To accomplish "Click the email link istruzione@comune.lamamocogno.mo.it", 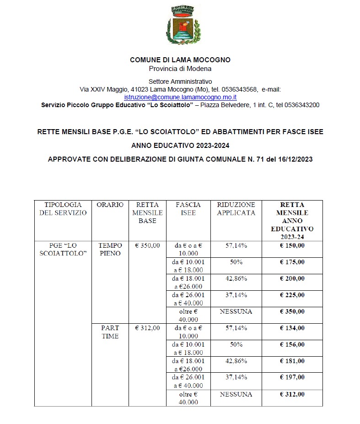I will tap(180, 97).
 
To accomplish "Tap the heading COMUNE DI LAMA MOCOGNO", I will tap(180, 60).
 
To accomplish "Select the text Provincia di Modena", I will tap(180, 69).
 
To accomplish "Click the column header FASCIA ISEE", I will tap(188, 209).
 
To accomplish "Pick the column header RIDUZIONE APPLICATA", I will tap(236, 209).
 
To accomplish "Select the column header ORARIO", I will tap(110, 205).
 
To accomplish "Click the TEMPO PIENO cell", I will tap(110, 249).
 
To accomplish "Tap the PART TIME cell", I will tap(110, 332).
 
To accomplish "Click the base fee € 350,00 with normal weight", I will tap(147, 245).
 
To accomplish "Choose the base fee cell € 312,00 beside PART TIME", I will tap(147, 328).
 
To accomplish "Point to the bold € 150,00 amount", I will tap(292, 245).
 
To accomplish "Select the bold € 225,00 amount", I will tap(292, 295).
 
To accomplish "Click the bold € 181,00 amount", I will tap(292, 361).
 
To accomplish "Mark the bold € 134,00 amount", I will tap(292, 328).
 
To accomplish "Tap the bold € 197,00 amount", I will tap(292, 377).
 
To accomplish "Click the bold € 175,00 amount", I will tap(292, 262).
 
